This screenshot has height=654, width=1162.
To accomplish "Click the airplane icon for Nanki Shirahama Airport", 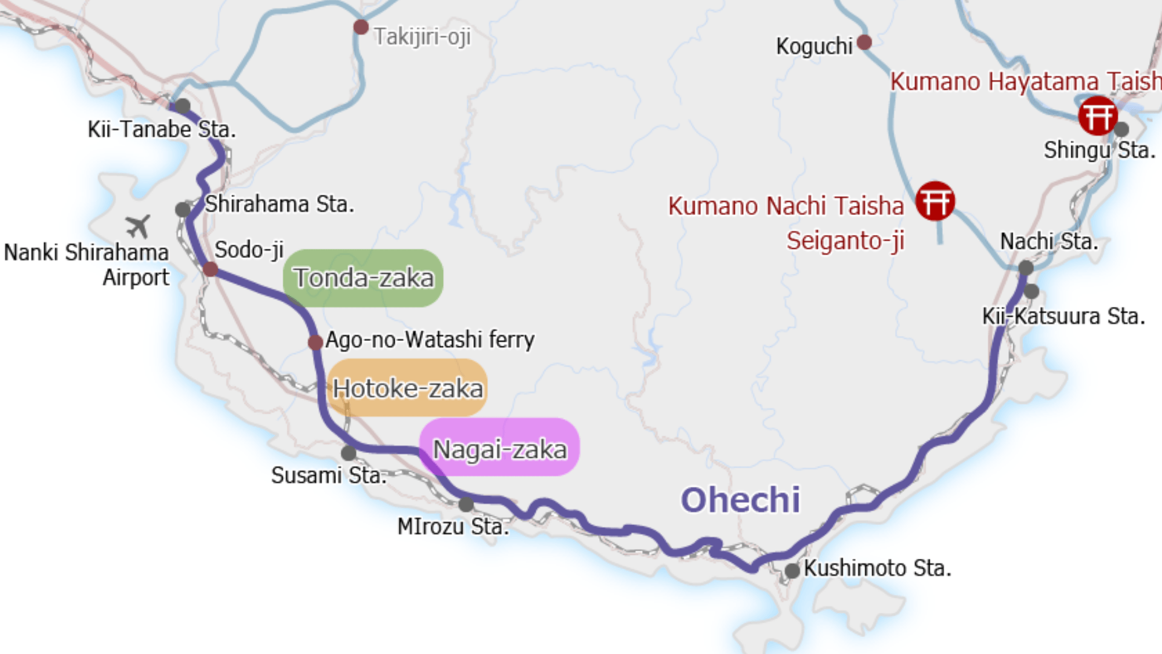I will pyautogui.click(x=139, y=226).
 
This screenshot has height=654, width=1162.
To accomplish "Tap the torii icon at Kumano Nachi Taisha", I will pyautogui.click(x=935, y=201).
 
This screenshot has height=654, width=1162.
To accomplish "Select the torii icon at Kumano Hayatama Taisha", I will pyautogui.click(x=1097, y=115).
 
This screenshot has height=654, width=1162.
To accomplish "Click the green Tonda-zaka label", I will pyautogui.click(x=363, y=278).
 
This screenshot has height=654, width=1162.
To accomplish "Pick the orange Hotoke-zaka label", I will pyautogui.click(x=407, y=388).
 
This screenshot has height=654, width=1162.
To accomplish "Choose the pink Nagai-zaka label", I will pyautogui.click(x=499, y=449).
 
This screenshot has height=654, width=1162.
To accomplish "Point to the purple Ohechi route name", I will pyautogui.click(x=740, y=500).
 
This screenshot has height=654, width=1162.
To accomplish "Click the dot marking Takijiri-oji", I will pyautogui.click(x=361, y=27).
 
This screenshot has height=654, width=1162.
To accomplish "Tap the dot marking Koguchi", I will pyautogui.click(x=864, y=42).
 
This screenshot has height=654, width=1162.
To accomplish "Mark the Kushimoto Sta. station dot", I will pyautogui.click(x=792, y=570).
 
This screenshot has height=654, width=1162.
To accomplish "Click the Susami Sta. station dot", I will pyautogui.click(x=349, y=453).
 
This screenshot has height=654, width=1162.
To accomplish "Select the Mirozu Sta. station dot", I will pyautogui.click(x=466, y=504).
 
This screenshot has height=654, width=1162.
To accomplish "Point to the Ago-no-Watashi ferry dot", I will pyautogui.click(x=315, y=342).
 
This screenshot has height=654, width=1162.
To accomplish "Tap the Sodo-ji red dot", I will pyautogui.click(x=211, y=269).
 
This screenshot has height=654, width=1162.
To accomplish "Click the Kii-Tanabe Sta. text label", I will pyautogui.click(x=162, y=130).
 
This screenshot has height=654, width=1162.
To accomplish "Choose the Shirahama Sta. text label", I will pyautogui.click(x=279, y=204).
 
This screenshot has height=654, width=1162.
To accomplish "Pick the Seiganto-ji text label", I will pyautogui.click(x=845, y=241).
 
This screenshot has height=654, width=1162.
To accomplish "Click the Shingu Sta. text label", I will pyautogui.click(x=1099, y=150).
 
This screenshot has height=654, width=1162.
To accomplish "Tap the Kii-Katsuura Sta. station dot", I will pyautogui.click(x=1031, y=291).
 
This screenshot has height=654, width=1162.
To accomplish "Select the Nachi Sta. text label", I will pyautogui.click(x=1048, y=242).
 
